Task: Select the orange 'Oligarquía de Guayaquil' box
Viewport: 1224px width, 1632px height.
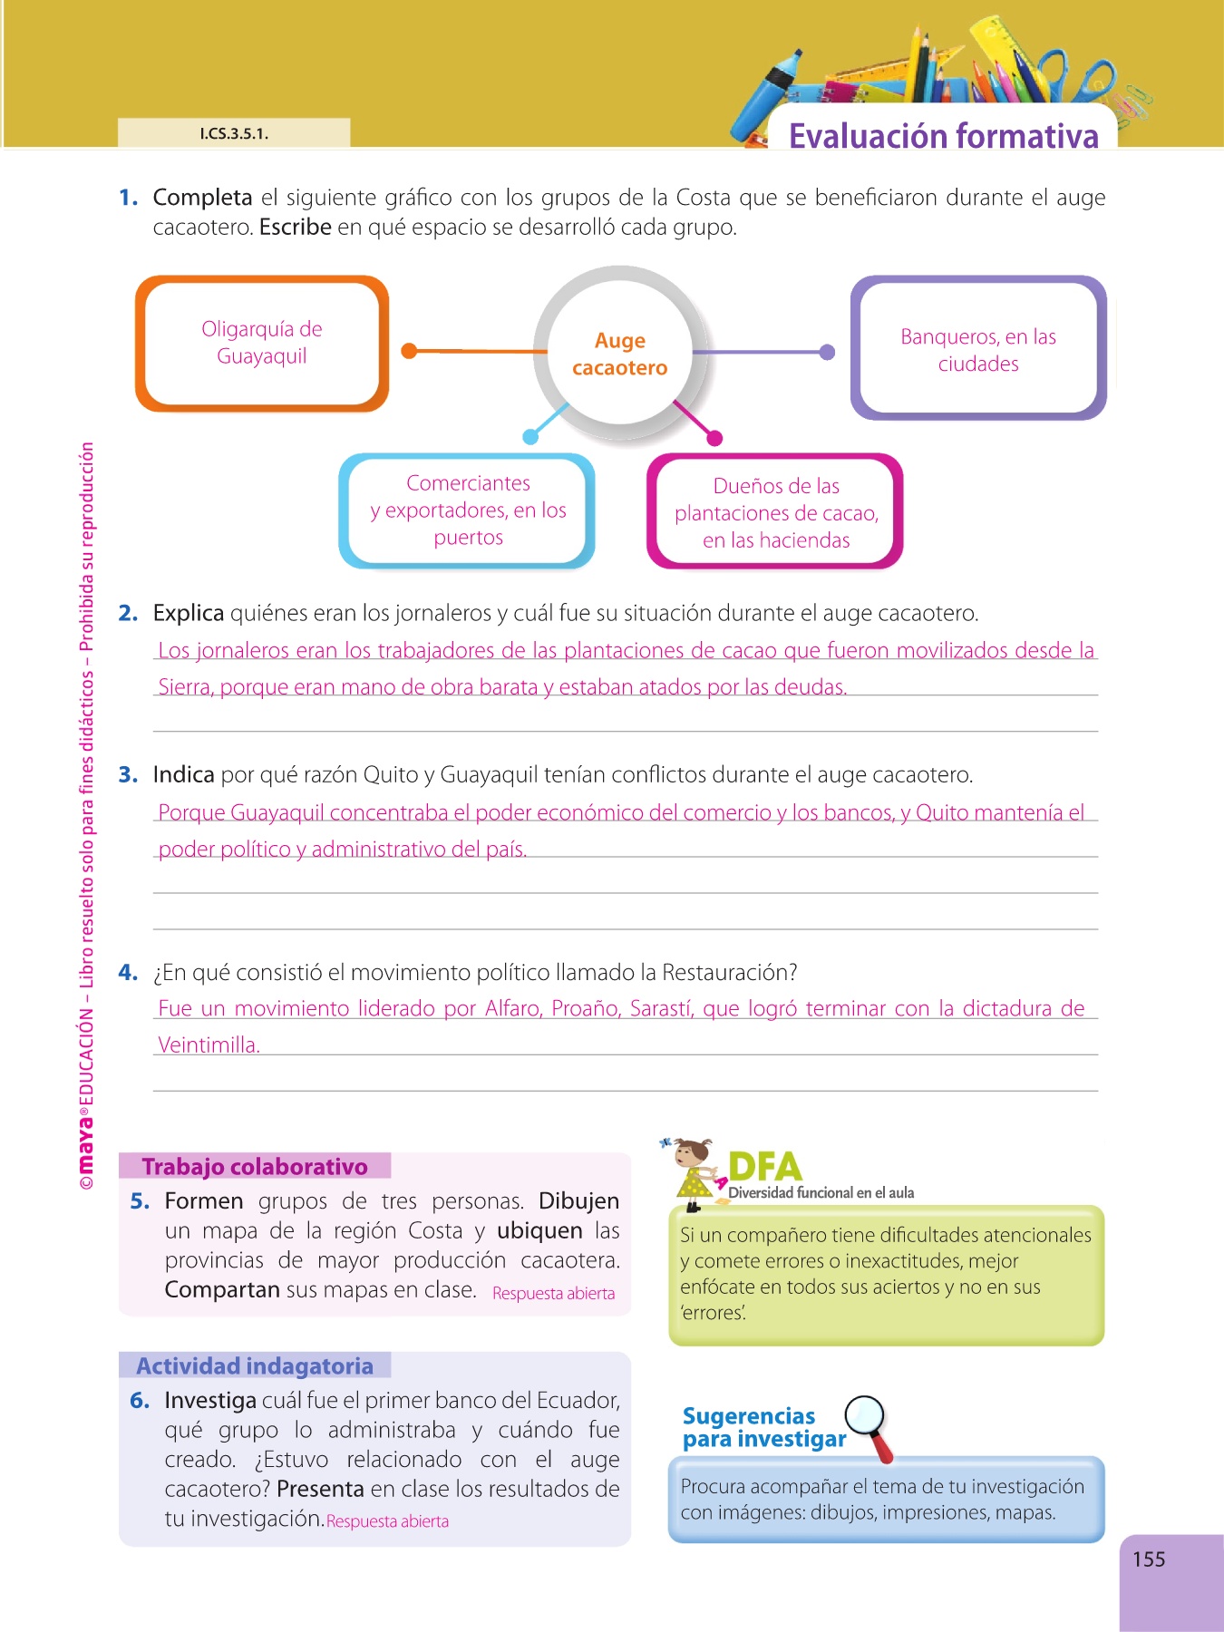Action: click(x=262, y=343)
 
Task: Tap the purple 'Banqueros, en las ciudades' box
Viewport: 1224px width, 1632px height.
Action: click(x=978, y=349)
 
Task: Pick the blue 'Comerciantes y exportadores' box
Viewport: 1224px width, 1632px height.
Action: click(x=468, y=510)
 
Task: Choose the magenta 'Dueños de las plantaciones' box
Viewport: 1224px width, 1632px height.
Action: click(x=776, y=513)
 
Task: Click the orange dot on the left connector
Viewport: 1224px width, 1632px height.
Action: click(x=410, y=351)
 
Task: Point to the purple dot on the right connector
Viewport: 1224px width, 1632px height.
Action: click(x=827, y=352)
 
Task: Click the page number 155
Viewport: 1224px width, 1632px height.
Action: click(x=1149, y=1559)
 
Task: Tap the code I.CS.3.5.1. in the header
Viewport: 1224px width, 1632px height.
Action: click(x=234, y=134)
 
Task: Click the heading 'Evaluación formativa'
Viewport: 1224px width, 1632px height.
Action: click(x=943, y=136)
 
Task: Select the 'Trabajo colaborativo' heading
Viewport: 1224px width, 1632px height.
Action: click(x=255, y=1166)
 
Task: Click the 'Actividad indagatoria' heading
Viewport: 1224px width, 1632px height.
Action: click(x=255, y=1365)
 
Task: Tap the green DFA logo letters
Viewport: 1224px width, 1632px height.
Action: click(x=764, y=1166)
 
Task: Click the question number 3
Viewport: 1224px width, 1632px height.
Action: click(x=128, y=775)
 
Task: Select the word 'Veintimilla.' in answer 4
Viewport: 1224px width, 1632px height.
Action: click(x=209, y=1045)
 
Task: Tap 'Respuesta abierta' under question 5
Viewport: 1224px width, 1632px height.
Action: click(x=553, y=1293)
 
